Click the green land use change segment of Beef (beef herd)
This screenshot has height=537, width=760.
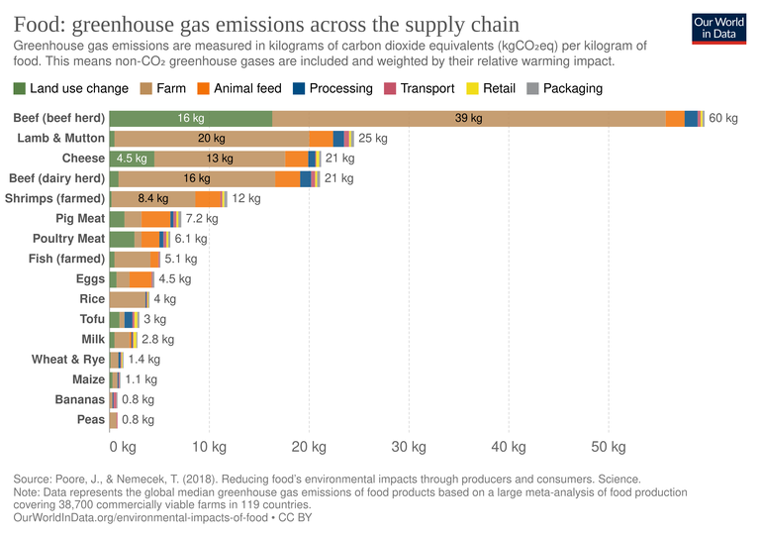190,118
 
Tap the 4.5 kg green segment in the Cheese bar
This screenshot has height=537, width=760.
132,159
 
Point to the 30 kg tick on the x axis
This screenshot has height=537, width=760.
408,447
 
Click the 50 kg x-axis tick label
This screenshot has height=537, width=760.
608,447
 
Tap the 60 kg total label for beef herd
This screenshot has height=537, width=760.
723,118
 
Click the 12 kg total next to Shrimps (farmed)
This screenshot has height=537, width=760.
246,199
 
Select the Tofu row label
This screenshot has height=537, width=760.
92,319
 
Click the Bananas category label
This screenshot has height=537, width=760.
79,399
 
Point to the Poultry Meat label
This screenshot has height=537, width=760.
68,239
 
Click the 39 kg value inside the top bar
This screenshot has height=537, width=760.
468,118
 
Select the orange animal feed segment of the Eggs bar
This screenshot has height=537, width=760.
142,279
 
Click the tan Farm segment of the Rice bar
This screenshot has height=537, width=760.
128,299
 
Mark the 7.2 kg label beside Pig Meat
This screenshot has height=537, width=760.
201,219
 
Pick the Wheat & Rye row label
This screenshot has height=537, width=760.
67,360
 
